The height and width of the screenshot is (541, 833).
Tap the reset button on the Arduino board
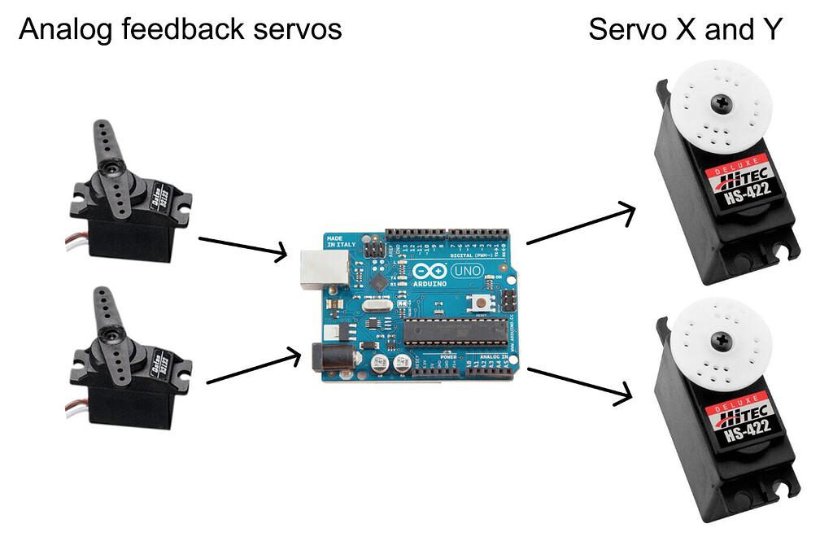482,303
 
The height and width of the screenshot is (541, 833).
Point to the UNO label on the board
467,270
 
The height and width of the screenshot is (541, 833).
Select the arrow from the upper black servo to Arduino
242,247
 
